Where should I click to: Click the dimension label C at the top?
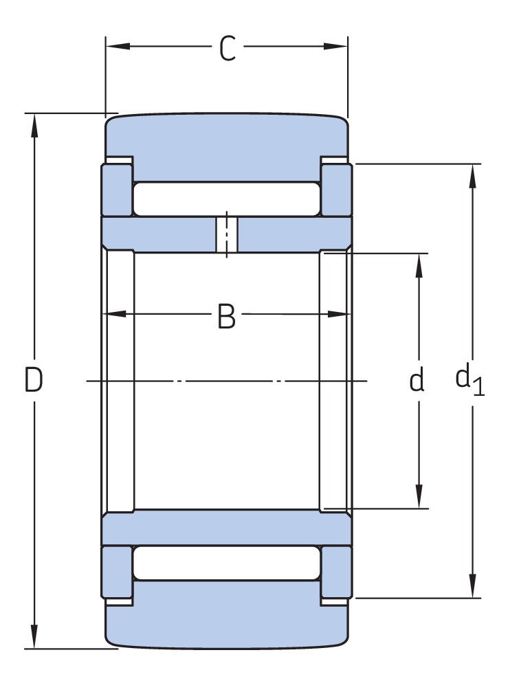point(228,49)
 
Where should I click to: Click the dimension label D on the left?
point(33,379)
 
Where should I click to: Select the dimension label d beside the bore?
point(417,379)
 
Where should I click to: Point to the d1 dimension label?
point(469,381)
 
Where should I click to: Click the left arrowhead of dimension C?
point(118,46)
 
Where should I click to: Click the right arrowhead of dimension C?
point(336,46)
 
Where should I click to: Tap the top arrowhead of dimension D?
point(34,126)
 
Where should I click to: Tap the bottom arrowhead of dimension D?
point(34,637)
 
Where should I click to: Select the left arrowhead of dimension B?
point(115,313)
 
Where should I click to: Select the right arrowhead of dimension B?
point(339,313)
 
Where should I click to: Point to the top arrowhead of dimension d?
point(419,265)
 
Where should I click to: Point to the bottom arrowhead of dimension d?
point(419,496)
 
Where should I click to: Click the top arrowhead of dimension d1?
point(473,177)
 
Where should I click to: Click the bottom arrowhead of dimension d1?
point(473,586)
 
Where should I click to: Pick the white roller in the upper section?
point(227,199)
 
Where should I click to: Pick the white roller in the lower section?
point(227,563)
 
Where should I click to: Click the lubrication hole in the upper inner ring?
point(227,234)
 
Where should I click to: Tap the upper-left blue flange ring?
point(117,190)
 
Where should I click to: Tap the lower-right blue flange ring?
point(337,572)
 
